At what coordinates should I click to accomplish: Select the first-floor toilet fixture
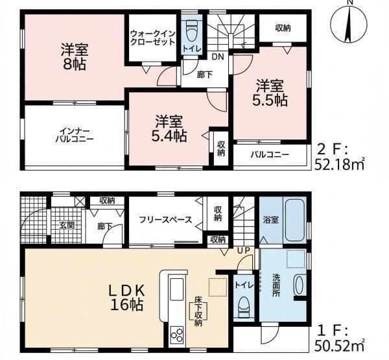244,307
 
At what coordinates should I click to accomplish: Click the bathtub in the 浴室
295,221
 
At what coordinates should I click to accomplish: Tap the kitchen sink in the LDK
176,289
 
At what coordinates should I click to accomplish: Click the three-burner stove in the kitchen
177,335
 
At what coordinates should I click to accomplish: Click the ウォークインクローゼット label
153,38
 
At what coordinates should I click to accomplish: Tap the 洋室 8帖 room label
75,57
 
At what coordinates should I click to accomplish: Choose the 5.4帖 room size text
169,136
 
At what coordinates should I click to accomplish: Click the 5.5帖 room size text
270,101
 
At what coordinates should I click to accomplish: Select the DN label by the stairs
218,57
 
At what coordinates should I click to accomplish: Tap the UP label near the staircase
244,251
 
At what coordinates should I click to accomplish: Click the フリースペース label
165,220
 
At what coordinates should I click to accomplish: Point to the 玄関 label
67,226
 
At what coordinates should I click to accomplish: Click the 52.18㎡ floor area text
340,164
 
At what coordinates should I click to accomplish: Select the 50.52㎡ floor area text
340,346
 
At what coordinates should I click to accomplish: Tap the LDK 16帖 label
126,297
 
